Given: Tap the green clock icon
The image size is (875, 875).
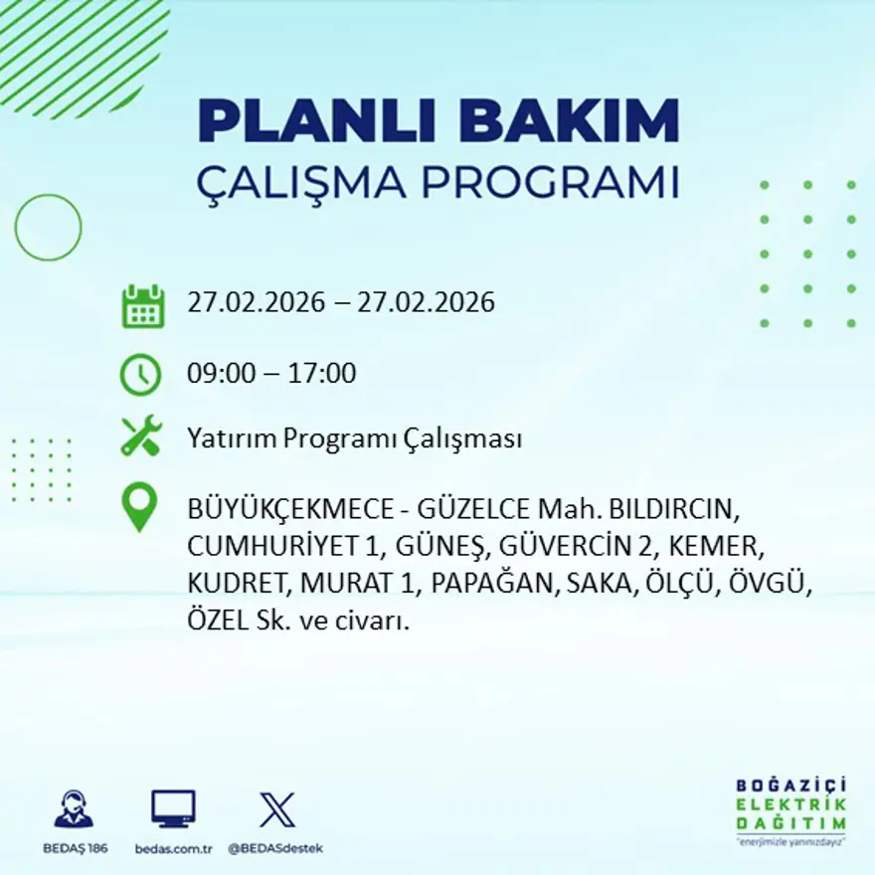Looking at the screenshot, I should point(140,374).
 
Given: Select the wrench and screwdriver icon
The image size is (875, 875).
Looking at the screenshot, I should point(141,437).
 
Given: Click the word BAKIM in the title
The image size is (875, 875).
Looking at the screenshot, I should point(564,121).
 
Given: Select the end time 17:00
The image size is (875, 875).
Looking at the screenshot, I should point(322,374).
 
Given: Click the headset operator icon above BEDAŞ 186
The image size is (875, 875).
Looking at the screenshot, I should point(74,808).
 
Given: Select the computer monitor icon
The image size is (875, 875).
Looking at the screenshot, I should point(173,808).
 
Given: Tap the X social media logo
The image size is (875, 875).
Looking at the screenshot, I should point(275,808).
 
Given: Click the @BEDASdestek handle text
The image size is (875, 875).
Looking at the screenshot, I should point(275,848).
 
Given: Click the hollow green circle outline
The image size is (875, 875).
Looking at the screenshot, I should point(48,228).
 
